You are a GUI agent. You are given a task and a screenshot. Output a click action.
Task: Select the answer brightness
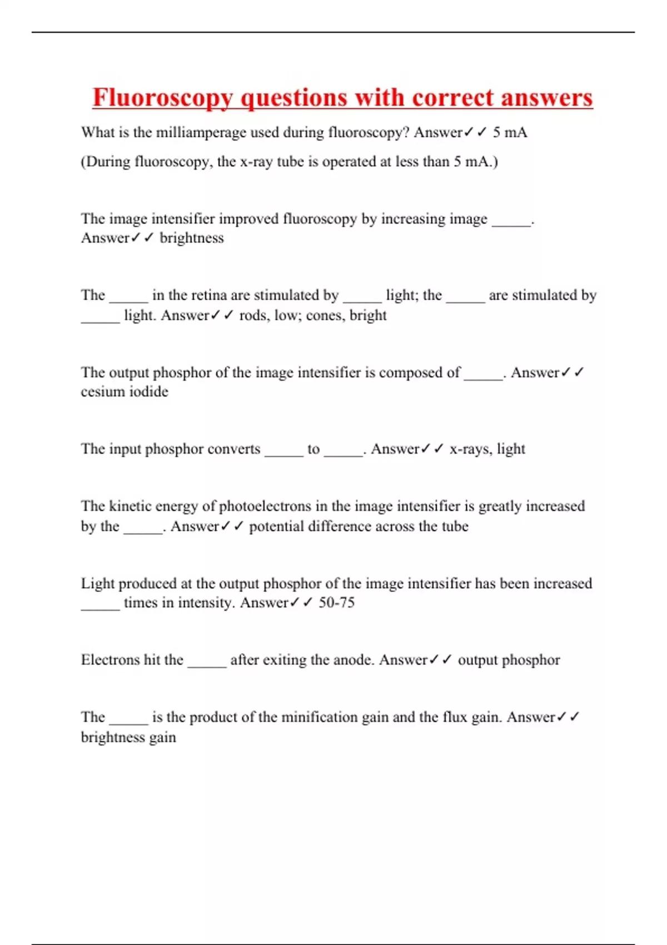(192, 238)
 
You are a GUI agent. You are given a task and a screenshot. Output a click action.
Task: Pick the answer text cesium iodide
(125, 392)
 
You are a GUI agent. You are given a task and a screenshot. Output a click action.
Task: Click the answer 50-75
(336, 603)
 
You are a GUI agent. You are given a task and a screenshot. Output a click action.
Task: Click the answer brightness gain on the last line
(128, 737)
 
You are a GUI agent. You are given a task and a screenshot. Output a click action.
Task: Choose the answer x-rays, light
(487, 449)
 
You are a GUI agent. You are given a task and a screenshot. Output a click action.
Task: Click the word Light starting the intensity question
(97, 584)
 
